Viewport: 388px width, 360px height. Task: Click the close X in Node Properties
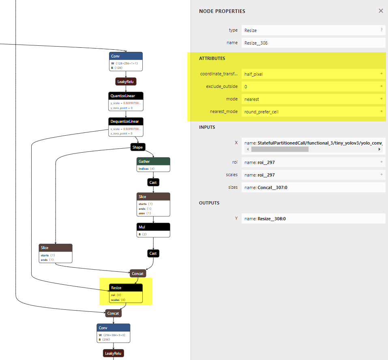coord(381,11)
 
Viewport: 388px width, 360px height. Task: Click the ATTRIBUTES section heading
coord(212,58)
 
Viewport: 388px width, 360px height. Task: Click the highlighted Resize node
coord(126,293)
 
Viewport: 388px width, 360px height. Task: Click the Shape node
coord(137,147)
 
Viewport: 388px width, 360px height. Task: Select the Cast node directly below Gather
coord(153,183)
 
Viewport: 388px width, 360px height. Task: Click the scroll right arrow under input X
coord(379,149)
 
